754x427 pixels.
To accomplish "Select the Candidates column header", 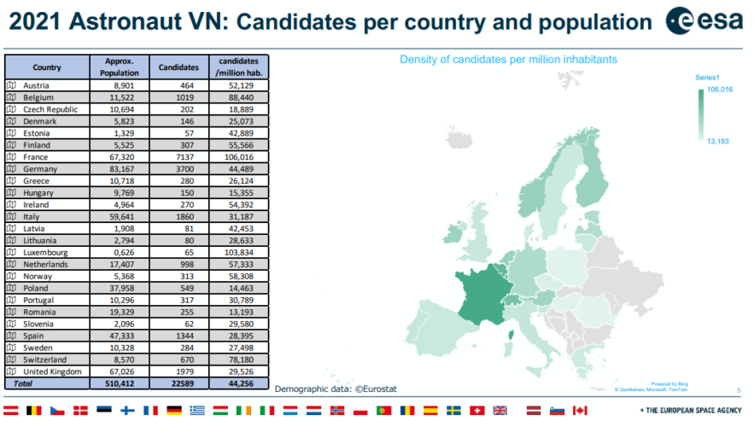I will tap(178, 67).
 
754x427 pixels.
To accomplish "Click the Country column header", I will tap(47, 67).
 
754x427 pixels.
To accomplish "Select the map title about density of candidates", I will tap(508, 60).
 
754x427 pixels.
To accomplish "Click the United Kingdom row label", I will tap(54, 372).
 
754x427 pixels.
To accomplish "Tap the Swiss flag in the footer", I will tap(476, 411).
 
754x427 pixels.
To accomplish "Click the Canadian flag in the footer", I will tap(580, 411).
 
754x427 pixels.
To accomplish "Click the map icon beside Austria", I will tap(11, 85).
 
